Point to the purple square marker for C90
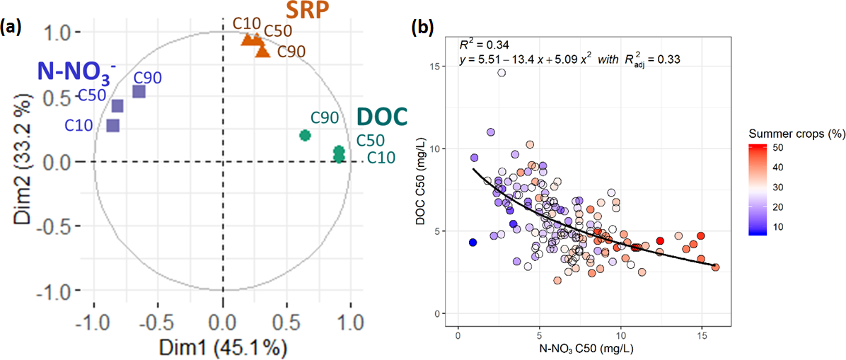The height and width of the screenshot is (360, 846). (139, 91)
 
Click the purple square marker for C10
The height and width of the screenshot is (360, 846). (113, 126)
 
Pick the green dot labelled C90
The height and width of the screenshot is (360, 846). (305, 135)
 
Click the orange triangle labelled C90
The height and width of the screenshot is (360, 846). (262, 51)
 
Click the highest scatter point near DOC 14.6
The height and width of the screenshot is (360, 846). (502, 72)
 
